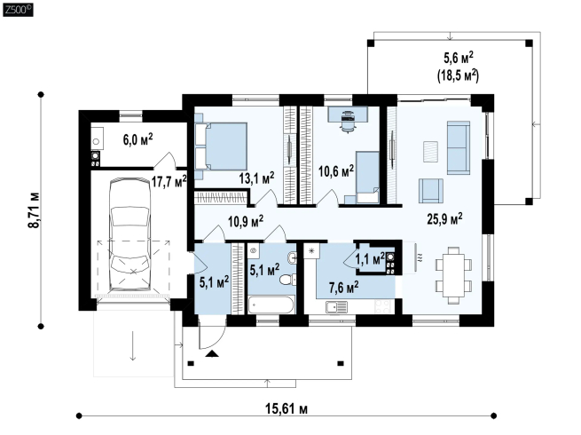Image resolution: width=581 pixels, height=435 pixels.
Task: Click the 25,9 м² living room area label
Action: pyautogui.click(x=444, y=218)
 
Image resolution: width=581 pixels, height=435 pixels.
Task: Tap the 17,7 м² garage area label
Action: pyautogui.click(x=169, y=181)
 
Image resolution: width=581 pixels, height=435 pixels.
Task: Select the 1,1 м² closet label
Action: pyautogui.click(x=370, y=258)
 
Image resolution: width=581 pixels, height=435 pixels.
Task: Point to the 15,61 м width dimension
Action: pyautogui.click(x=287, y=408)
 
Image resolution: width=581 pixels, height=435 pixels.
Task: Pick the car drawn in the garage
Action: pyautogui.click(x=130, y=234)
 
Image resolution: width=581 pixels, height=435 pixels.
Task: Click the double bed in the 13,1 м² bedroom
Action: pyautogui.click(x=221, y=146)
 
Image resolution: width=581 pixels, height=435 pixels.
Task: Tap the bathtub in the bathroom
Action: pyautogui.click(x=271, y=305)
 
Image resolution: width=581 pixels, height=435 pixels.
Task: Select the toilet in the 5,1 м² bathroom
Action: pyautogui.click(x=288, y=280)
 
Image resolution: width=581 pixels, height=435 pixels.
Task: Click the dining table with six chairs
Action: pyautogui.click(x=453, y=275)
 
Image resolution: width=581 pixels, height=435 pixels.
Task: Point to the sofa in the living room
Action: pyautogui.click(x=459, y=147)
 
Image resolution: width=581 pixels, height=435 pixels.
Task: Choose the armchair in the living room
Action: pyautogui.click(x=431, y=191)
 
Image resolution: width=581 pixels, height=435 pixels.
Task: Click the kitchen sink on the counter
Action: pyautogui.click(x=336, y=307)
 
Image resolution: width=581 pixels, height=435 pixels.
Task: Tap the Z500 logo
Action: pyautogui.click(x=18, y=9)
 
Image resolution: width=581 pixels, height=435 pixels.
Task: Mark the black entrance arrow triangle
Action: pyautogui.click(x=212, y=353)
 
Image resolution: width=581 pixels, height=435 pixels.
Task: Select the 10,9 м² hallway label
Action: pyautogui.click(x=246, y=222)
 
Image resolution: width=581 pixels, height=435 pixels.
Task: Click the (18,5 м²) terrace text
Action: pyautogui.click(x=459, y=75)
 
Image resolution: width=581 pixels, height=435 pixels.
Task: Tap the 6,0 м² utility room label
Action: pyautogui.click(x=137, y=139)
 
